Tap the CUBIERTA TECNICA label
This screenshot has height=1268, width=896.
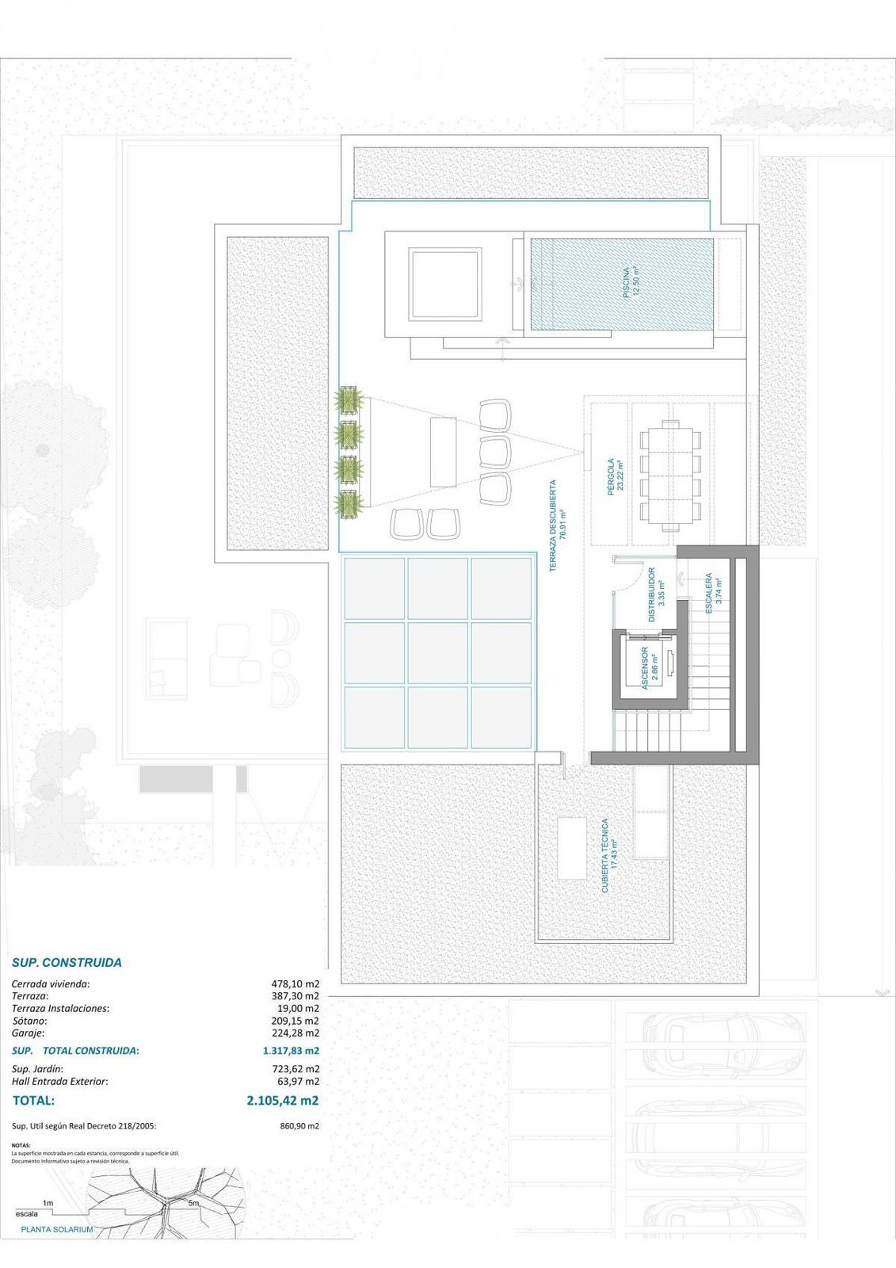point(609,856)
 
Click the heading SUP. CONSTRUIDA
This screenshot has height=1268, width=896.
point(67,963)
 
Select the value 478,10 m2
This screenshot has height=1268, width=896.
point(295,984)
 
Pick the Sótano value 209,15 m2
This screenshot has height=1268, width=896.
point(295,1021)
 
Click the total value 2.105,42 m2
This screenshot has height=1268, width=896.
point(282,1100)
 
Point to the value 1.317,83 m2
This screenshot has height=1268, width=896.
point(291,1051)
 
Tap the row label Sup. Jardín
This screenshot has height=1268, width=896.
point(38,1068)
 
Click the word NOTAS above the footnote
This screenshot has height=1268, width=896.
point(20,1145)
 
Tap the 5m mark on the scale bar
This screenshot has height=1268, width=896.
point(193,1203)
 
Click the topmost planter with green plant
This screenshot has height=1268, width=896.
point(348,399)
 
